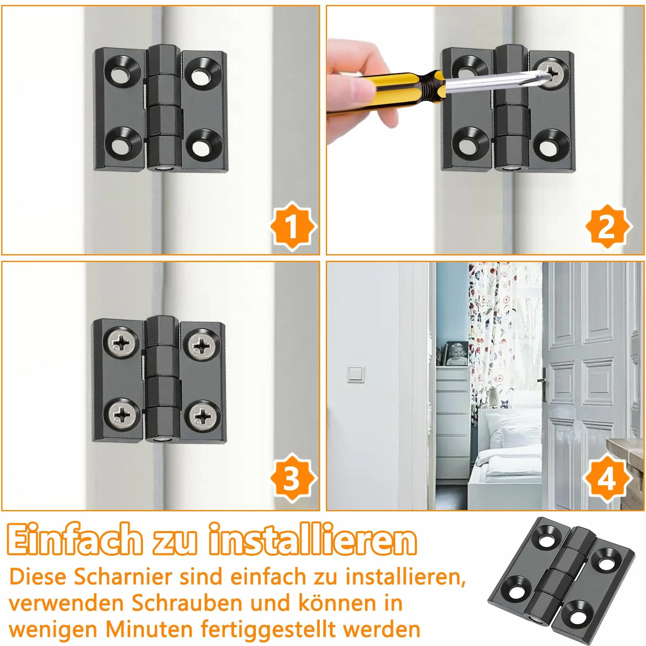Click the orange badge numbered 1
[293, 226]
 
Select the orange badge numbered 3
[293, 477]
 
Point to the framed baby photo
[456, 354]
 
